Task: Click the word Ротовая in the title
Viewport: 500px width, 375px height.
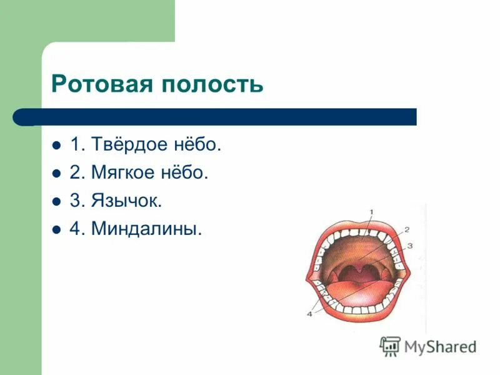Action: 101,84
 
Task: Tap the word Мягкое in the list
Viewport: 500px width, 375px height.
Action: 122,173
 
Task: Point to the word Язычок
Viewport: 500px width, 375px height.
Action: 127,201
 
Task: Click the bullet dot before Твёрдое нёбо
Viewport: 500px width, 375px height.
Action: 56,146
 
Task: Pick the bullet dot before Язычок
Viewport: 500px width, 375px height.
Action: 56,202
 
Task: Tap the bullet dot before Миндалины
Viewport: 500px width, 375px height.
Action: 56,230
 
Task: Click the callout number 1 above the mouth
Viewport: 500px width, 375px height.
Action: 371,212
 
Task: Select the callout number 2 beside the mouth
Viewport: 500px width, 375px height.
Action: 406,229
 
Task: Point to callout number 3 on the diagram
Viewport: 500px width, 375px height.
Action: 410,246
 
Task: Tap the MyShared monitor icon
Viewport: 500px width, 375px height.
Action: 391,346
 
